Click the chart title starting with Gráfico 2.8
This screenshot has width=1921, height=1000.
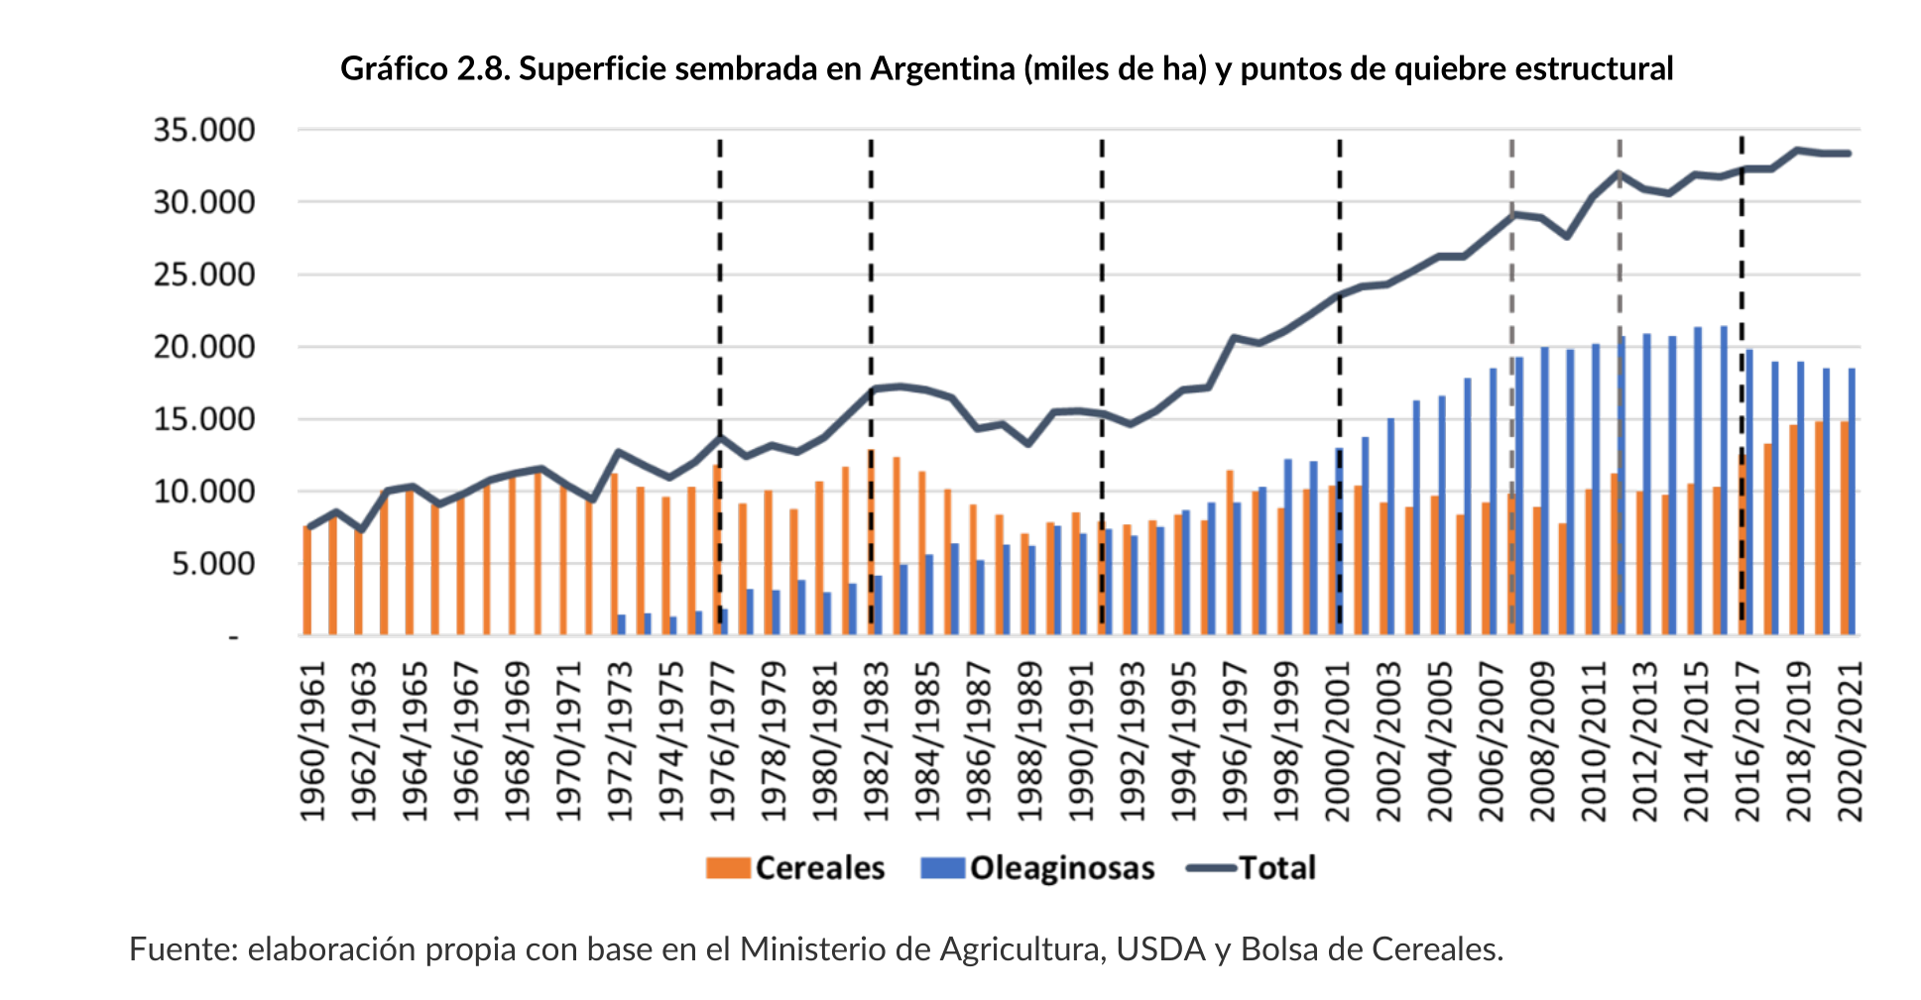tap(1006, 68)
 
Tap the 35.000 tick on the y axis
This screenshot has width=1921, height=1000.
tap(203, 130)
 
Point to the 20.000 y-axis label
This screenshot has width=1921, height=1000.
tap(203, 347)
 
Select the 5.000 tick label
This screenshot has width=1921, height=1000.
tap(212, 564)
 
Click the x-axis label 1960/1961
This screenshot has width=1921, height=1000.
tap(313, 740)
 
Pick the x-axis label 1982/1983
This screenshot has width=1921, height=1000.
tap(877, 740)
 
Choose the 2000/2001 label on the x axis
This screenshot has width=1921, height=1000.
tap(1339, 740)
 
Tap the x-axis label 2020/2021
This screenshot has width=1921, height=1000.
tap(1851, 740)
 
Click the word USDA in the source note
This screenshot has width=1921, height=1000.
tap(1160, 949)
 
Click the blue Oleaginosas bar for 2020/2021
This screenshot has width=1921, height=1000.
tap(1852, 501)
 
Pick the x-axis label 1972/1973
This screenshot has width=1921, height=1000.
tap(621, 740)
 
